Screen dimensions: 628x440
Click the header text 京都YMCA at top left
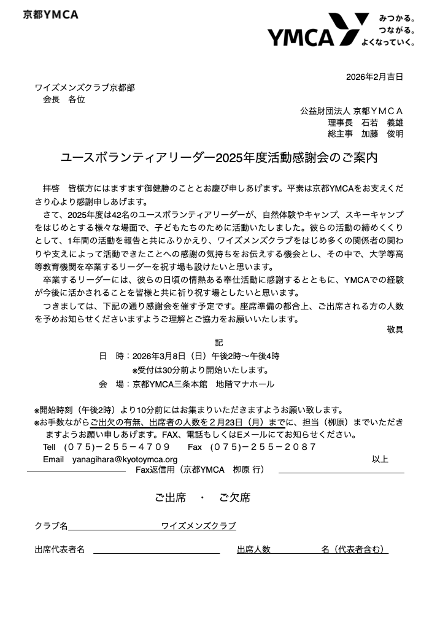click(51, 15)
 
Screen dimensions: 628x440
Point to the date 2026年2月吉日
click(374, 77)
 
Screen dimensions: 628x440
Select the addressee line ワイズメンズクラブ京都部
click(85, 88)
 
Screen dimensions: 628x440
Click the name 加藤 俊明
click(382, 134)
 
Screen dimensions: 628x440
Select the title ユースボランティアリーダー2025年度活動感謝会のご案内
click(219, 158)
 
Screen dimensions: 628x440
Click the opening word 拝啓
click(51, 188)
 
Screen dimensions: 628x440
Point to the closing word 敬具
click(395, 330)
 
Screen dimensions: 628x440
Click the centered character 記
click(219, 342)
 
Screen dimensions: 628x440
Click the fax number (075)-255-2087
click(263, 447)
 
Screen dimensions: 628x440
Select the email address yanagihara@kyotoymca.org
click(125, 459)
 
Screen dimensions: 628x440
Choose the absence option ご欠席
click(234, 498)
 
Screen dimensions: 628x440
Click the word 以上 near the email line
click(380, 459)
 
